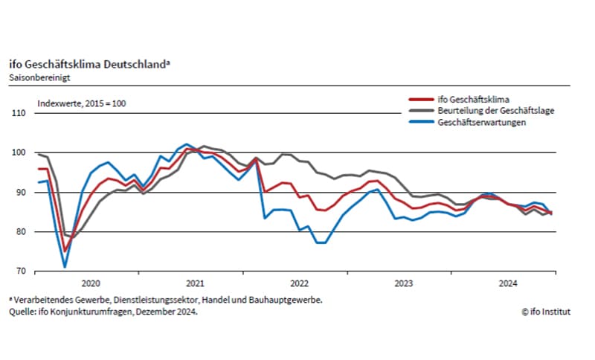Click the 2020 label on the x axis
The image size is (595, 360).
89,283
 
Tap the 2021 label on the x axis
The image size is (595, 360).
194,283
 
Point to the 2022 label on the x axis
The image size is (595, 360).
299,283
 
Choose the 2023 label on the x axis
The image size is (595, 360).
404,283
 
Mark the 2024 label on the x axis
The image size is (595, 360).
509,283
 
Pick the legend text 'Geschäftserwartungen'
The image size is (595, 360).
486,122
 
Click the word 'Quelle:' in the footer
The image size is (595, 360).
24,312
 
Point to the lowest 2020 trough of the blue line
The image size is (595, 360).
65,266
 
